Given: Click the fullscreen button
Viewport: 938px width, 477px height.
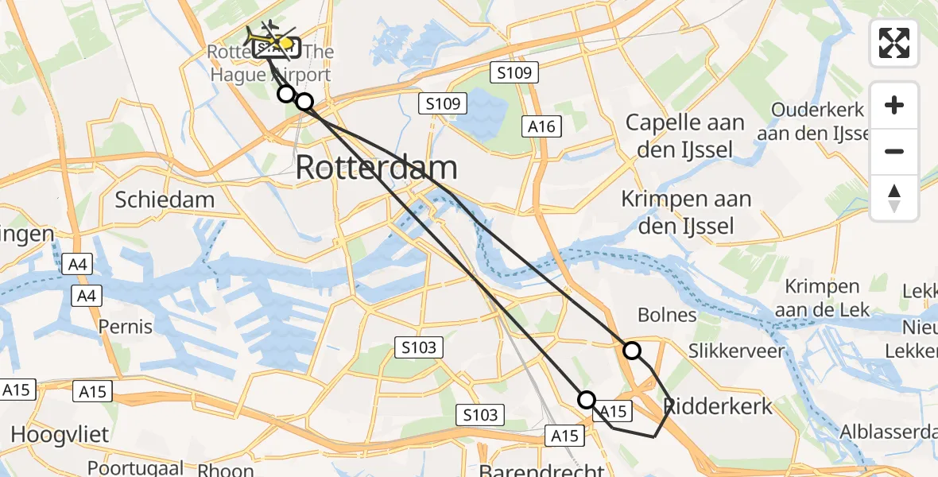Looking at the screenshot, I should pyautogui.click(x=894, y=43).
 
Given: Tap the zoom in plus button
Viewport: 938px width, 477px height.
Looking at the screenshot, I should pyautogui.click(x=894, y=106).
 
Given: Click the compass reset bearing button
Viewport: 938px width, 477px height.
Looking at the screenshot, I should pyautogui.click(x=894, y=198).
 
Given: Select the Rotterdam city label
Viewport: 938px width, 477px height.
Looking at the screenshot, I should pyautogui.click(x=377, y=169).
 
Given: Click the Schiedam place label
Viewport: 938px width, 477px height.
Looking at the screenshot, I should pyautogui.click(x=165, y=199).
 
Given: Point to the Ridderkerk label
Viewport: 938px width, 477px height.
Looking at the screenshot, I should pyautogui.click(x=719, y=406).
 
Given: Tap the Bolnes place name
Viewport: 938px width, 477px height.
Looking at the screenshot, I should pyautogui.click(x=668, y=315).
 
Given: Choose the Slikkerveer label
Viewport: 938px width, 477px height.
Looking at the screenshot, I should pyautogui.click(x=737, y=351).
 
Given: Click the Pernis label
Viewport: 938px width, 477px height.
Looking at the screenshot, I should pyautogui.click(x=126, y=326).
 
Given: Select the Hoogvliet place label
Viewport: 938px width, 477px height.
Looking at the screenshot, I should pyautogui.click(x=60, y=434).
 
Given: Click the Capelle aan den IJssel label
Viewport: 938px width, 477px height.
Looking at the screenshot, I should pyautogui.click(x=685, y=136).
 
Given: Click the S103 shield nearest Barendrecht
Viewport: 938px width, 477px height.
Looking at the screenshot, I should pyautogui.click(x=481, y=414).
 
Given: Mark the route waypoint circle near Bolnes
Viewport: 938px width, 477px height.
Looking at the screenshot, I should pyautogui.click(x=631, y=350).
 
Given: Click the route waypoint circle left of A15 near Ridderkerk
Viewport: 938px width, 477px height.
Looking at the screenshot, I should pyautogui.click(x=587, y=399).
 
